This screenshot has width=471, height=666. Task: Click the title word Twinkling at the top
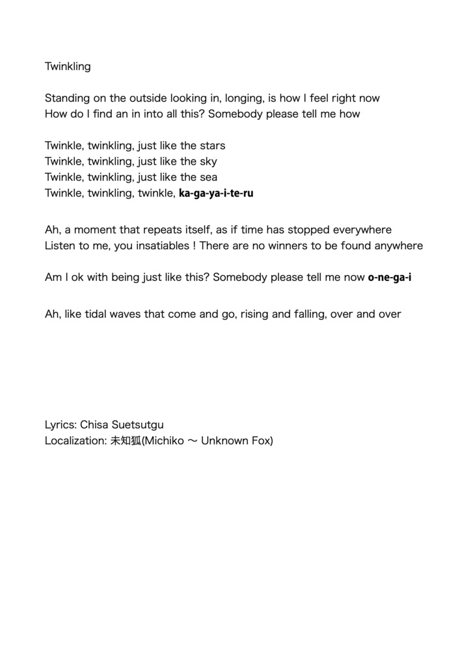tap(68, 66)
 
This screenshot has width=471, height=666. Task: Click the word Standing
tap(67, 98)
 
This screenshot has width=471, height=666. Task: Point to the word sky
tap(209, 161)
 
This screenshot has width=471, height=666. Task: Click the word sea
tap(209, 177)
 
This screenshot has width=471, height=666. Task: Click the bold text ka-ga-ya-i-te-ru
tap(216, 193)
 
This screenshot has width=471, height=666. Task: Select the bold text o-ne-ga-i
tap(390, 277)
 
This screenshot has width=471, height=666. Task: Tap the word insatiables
tap(163, 245)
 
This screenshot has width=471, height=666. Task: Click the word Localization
tap(72, 441)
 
